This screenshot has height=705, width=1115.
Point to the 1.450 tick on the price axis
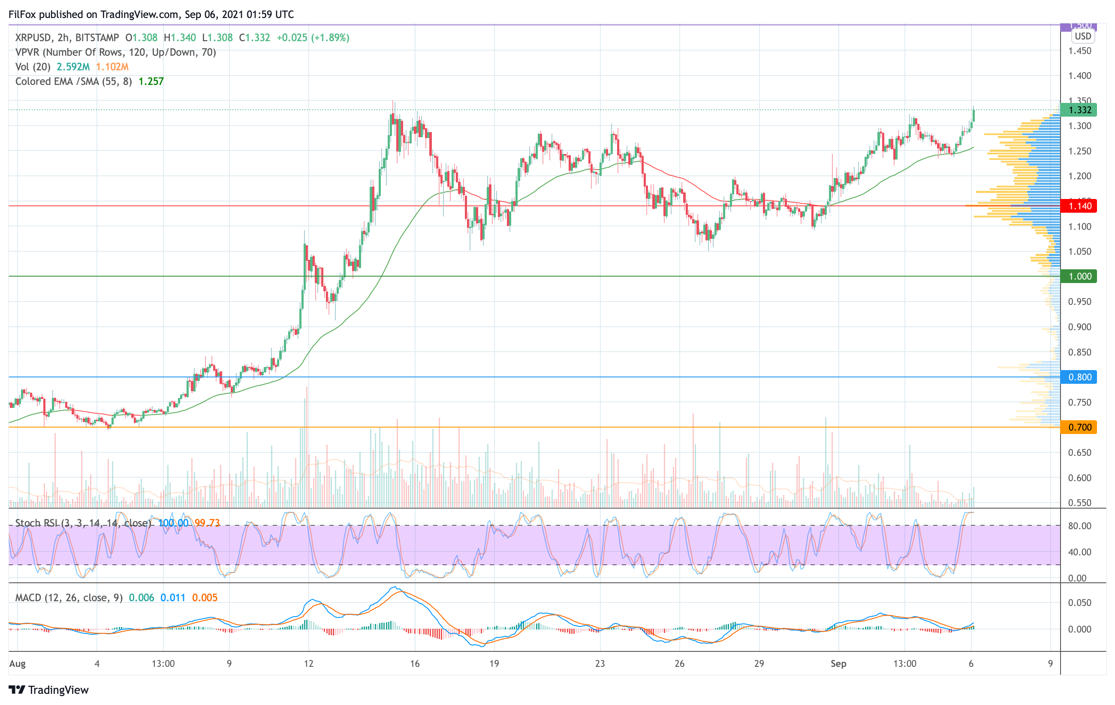[x=1079, y=51]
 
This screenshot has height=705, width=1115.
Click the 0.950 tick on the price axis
[x=1079, y=302]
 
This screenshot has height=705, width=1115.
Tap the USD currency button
[x=1082, y=36]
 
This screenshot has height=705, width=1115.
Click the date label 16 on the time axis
[x=414, y=663]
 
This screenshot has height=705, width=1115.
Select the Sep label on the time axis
[x=838, y=663]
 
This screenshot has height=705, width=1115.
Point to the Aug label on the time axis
[x=18, y=663]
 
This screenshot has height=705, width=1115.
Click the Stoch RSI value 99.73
[x=207, y=523]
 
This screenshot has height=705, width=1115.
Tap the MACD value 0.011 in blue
[x=173, y=598]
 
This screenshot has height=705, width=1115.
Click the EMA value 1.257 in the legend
[x=151, y=81]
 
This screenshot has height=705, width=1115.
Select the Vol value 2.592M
[x=73, y=66]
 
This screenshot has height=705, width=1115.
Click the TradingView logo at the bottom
[x=48, y=690]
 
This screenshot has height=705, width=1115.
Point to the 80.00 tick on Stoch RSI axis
[x=1079, y=526]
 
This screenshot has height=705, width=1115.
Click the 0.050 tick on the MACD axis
[x=1079, y=603]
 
